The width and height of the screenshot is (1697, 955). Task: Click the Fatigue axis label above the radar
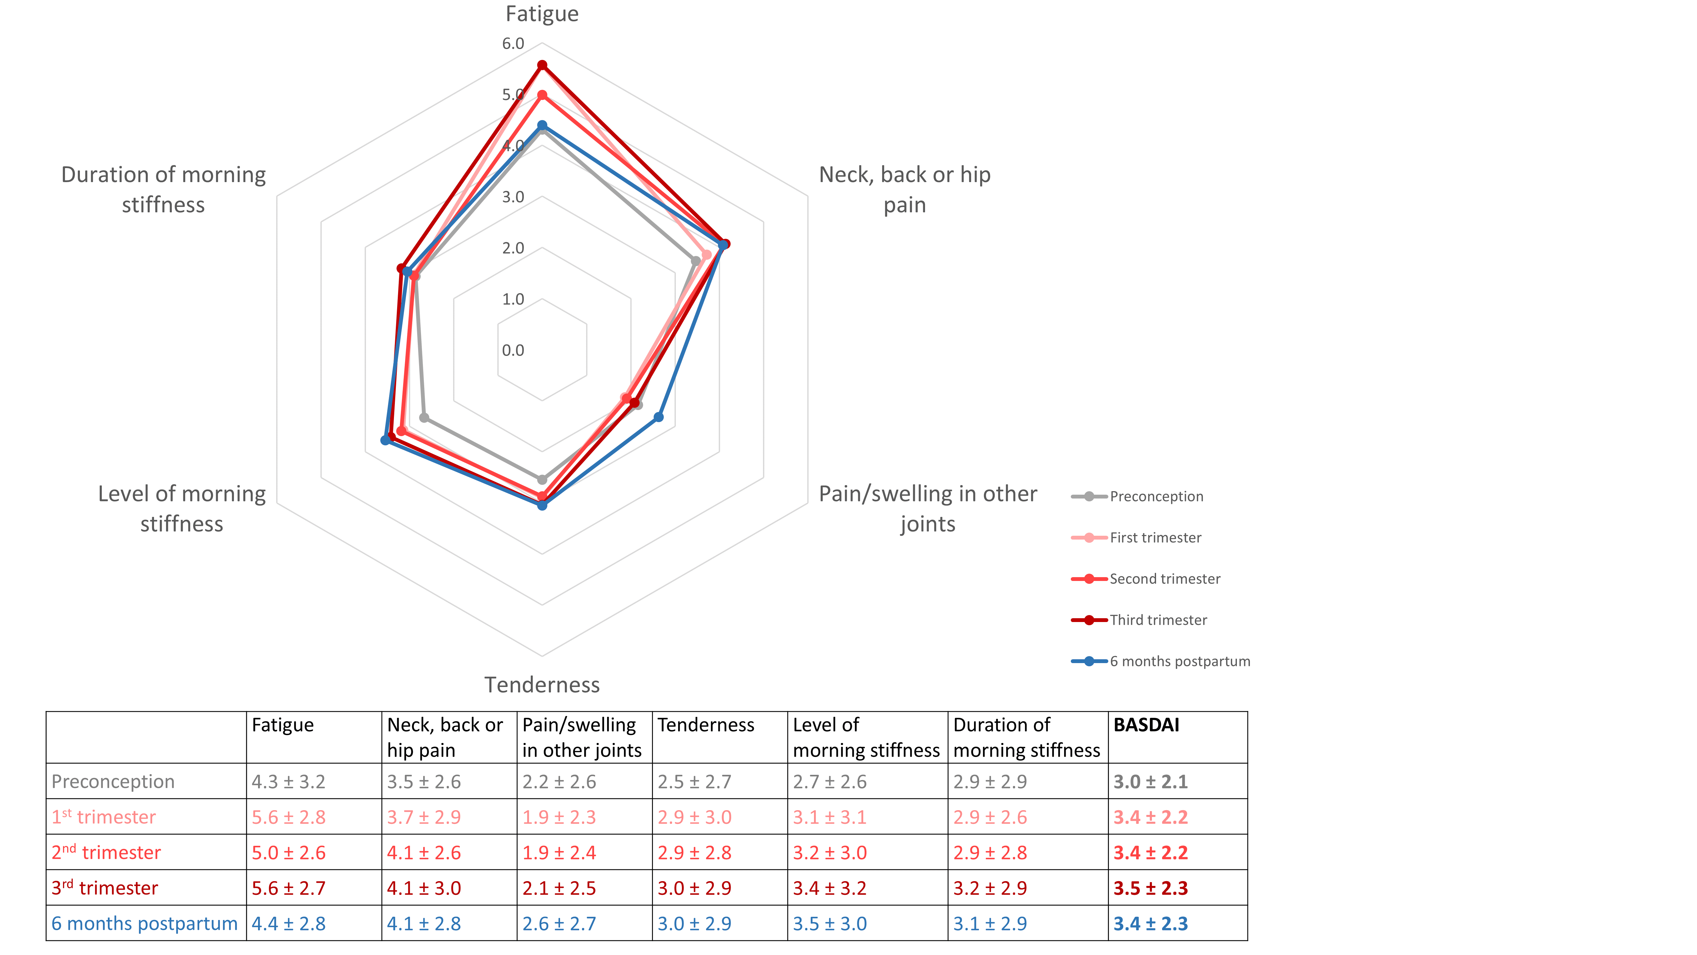point(542,14)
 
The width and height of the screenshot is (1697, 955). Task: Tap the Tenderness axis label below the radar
point(542,685)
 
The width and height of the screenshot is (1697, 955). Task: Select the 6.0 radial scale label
point(513,44)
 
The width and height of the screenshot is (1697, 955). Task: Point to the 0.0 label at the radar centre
point(513,350)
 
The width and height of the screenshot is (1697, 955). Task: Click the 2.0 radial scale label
point(513,248)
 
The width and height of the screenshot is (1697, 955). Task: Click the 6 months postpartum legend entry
point(1179,661)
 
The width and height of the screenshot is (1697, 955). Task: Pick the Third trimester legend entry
point(1158,619)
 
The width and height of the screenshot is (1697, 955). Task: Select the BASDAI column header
point(1146,725)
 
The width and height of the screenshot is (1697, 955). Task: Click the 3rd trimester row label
point(105,888)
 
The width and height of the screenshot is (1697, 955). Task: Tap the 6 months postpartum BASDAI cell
point(1150,923)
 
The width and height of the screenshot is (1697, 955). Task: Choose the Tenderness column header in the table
point(705,725)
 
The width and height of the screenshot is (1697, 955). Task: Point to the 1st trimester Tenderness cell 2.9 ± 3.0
point(694,817)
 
